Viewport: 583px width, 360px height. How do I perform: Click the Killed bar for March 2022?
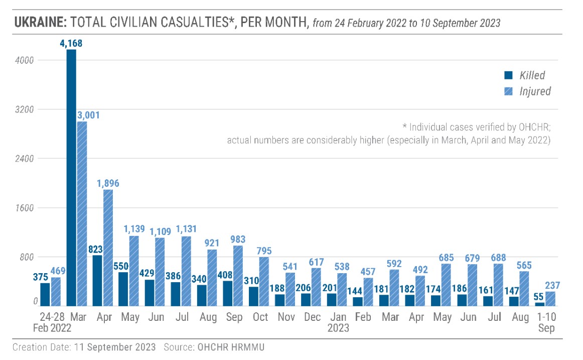(x=71, y=178)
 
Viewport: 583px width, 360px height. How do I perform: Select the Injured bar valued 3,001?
(x=82, y=213)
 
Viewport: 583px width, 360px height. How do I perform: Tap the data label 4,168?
(x=71, y=44)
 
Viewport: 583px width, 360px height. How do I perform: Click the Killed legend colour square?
(x=508, y=76)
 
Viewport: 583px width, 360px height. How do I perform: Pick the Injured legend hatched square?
(x=508, y=91)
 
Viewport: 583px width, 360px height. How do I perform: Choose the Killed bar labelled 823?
(x=97, y=280)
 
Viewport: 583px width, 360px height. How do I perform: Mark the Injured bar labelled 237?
(x=550, y=299)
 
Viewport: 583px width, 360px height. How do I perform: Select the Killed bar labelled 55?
(x=539, y=304)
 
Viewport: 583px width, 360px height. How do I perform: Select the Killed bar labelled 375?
(x=45, y=294)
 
